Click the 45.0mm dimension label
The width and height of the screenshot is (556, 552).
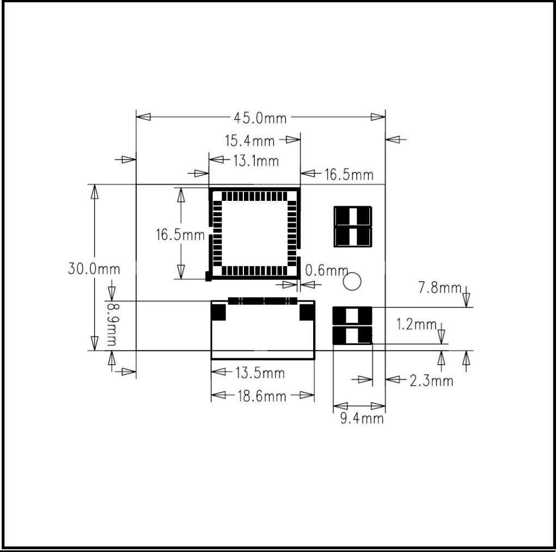click(x=260, y=118)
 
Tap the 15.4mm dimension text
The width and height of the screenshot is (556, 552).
click(x=249, y=141)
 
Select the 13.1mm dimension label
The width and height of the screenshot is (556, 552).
click(x=255, y=161)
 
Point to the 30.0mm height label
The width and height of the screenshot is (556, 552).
click(x=94, y=269)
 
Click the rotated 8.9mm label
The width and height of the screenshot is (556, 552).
click(x=112, y=324)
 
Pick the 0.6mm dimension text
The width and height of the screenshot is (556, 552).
click(x=327, y=271)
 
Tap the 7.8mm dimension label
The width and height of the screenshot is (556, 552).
click(x=439, y=287)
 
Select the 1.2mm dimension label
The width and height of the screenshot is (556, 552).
click(x=416, y=324)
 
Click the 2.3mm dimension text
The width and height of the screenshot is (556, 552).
click(x=431, y=381)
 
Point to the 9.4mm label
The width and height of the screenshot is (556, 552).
click(x=362, y=419)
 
